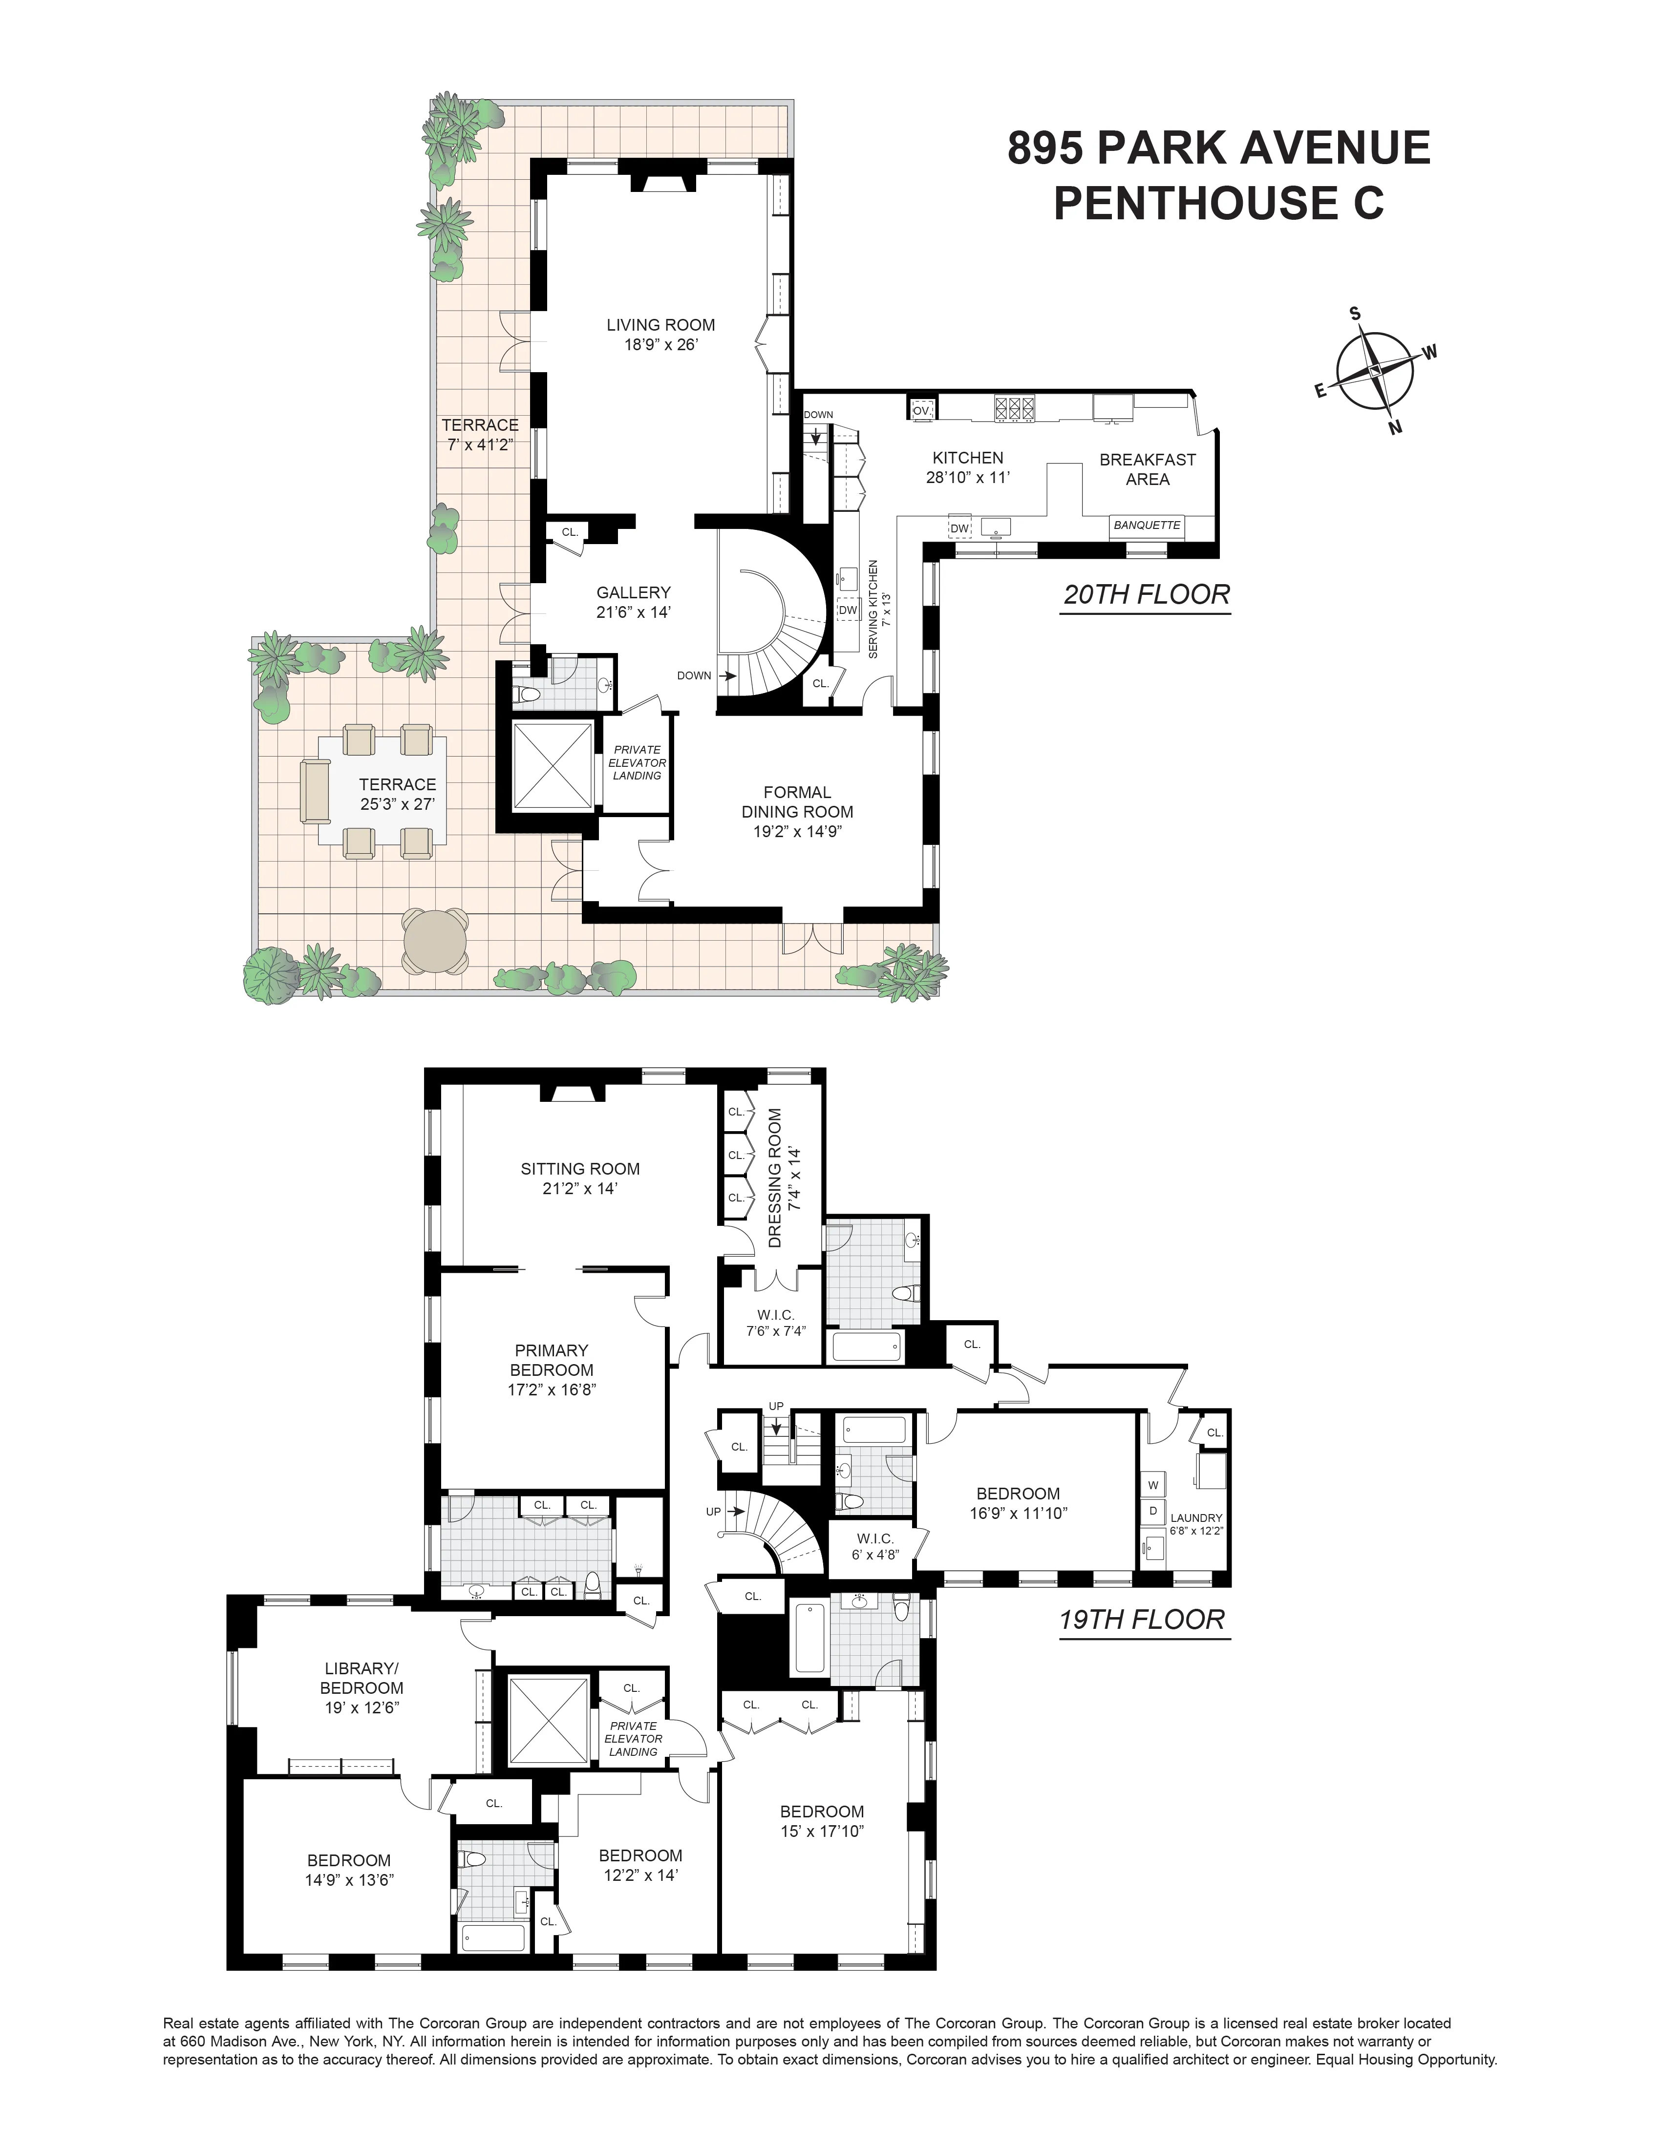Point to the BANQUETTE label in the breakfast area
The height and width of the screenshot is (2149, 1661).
[x=1147, y=526]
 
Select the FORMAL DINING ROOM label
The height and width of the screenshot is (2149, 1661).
[x=797, y=802]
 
